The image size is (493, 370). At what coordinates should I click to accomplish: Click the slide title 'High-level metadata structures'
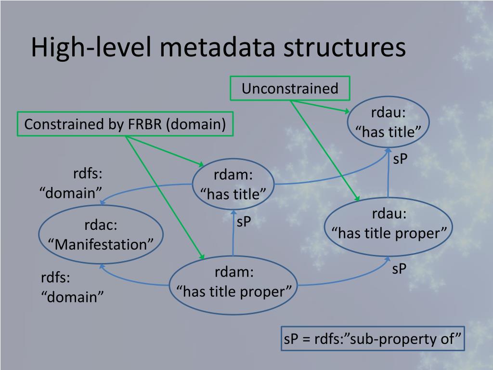(x=218, y=48)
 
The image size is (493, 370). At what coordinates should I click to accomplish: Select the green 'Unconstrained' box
(x=290, y=89)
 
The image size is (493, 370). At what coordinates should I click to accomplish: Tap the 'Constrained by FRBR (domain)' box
(x=125, y=124)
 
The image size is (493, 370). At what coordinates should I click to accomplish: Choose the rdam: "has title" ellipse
(x=233, y=184)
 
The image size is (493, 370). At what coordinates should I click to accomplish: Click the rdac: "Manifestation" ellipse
(x=101, y=235)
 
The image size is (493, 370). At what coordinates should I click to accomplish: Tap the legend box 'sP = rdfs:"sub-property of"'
(x=373, y=339)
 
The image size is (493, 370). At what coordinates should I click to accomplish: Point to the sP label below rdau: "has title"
(x=400, y=159)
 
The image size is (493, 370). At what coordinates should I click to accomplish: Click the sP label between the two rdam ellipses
(x=244, y=222)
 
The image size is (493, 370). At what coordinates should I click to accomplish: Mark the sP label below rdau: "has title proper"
(x=399, y=269)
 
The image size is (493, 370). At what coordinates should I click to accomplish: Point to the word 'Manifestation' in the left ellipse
(x=101, y=244)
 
